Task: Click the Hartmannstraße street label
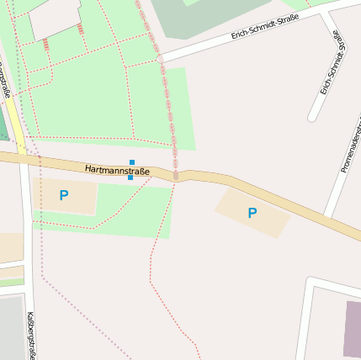(117, 171)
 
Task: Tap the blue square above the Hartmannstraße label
(132, 161)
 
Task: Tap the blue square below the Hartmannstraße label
(130, 177)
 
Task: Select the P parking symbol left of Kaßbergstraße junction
(63, 196)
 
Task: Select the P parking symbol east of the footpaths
(252, 214)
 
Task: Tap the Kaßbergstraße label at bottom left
(31, 335)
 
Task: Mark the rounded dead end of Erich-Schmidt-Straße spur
(315, 116)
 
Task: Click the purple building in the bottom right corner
(352, 328)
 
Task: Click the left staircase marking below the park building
(45, 45)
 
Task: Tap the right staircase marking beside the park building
(81, 29)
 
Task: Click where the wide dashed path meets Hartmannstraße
(176, 175)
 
